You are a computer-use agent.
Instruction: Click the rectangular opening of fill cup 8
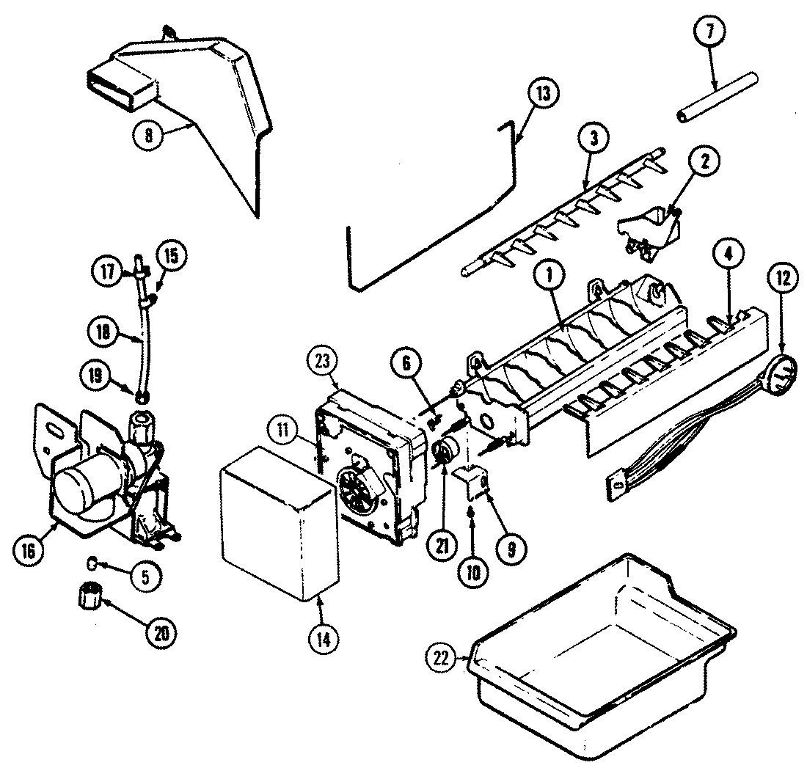(x=121, y=81)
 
